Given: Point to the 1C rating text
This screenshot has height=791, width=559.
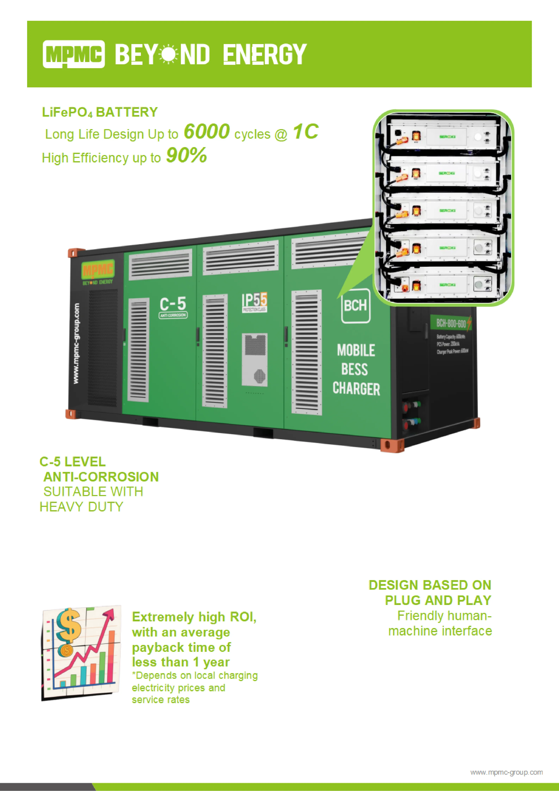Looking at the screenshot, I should (306, 132).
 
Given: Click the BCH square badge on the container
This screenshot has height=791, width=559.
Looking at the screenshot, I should (355, 306).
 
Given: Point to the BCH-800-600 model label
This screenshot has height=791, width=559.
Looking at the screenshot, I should (451, 323).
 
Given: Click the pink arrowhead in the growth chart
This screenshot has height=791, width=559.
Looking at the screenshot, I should (111, 615).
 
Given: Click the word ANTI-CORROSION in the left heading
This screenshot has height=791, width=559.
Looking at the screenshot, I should (101, 477).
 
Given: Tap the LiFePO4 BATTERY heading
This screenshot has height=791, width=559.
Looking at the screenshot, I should (100, 112).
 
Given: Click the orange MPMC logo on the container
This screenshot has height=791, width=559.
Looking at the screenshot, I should (98, 269).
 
